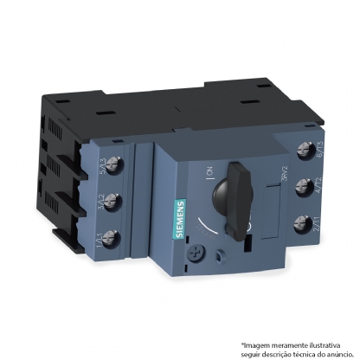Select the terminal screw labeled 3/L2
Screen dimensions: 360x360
(112, 202)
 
